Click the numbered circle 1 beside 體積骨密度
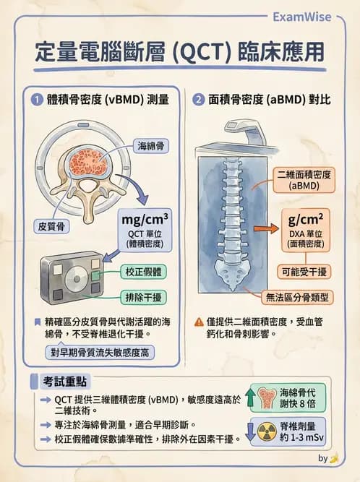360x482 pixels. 35,99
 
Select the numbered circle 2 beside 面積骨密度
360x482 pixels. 198,99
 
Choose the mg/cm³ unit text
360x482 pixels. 146,218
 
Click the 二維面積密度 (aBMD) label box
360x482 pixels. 304,179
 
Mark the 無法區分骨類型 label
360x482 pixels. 294,296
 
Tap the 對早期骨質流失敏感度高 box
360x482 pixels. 100,353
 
